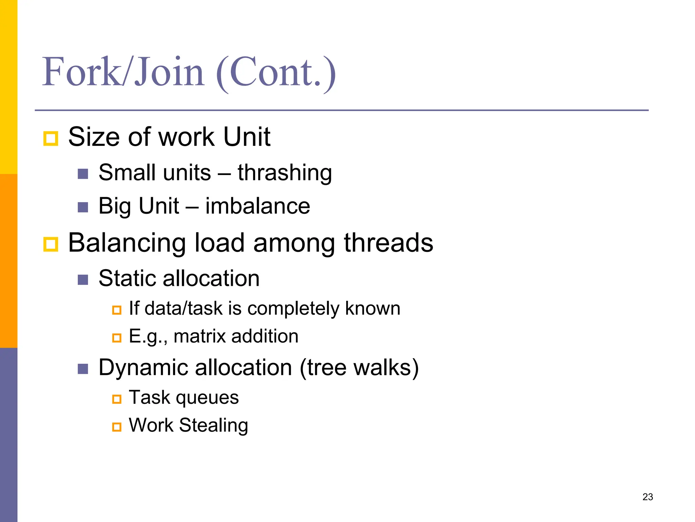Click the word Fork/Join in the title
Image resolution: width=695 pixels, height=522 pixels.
click(x=123, y=72)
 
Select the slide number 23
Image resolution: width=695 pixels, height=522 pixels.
click(x=647, y=497)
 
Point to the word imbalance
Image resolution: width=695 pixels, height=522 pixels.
click(x=258, y=206)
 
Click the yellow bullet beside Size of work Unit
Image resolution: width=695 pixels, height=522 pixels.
click(x=51, y=138)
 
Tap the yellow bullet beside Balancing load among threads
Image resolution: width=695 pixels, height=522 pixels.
click(x=51, y=244)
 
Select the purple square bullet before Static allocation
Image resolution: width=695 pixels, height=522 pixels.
click(x=83, y=280)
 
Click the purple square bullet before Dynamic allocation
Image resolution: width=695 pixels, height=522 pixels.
click(x=83, y=369)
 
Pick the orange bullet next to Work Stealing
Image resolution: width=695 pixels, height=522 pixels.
click(x=117, y=427)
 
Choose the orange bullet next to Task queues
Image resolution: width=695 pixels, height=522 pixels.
click(x=117, y=399)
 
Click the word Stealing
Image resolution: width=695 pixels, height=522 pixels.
click(x=213, y=425)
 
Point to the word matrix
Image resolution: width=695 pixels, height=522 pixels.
click(x=200, y=336)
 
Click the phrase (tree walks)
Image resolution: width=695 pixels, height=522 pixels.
click(x=359, y=368)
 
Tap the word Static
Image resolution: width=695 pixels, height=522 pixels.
click(x=127, y=278)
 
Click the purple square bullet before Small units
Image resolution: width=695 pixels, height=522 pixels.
click(x=83, y=174)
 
